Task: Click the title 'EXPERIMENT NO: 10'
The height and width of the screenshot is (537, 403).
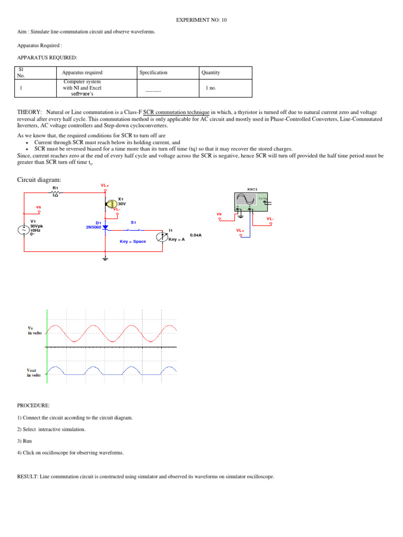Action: pyautogui.click(x=201, y=20)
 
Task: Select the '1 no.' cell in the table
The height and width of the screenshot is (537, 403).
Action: pyautogui.click(x=211, y=88)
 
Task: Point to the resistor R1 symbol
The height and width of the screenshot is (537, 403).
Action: pyautogui.click(x=55, y=193)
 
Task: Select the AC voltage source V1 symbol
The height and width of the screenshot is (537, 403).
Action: pyautogui.click(x=24, y=230)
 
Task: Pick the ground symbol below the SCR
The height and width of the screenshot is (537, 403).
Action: pyautogui.click(x=105, y=258)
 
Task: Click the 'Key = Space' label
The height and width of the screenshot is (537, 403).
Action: pyautogui.click(x=133, y=242)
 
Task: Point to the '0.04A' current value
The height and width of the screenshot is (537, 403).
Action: pyautogui.click(x=195, y=235)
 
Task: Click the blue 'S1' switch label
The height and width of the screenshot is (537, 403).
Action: pyautogui.click(x=133, y=222)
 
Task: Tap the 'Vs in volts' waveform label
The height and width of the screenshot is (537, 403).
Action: pyautogui.click(x=34, y=330)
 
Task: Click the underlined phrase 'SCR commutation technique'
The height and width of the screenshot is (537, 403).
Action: pyautogui.click(x=176, y=112)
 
